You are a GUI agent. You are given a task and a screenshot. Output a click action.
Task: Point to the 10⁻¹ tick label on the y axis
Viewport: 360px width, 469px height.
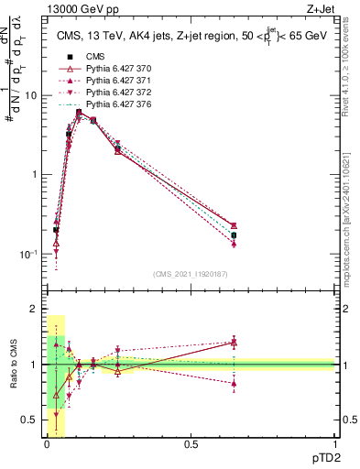[29, 254]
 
